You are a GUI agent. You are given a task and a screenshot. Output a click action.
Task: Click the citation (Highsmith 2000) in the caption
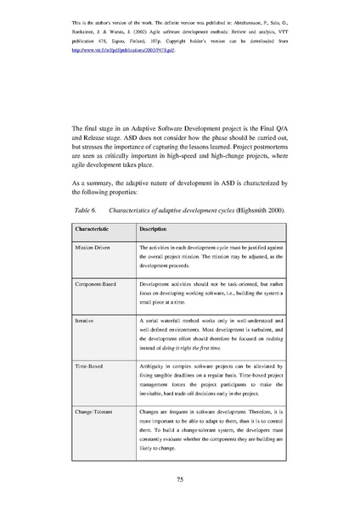pyautogui.click(x=256, y=209)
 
